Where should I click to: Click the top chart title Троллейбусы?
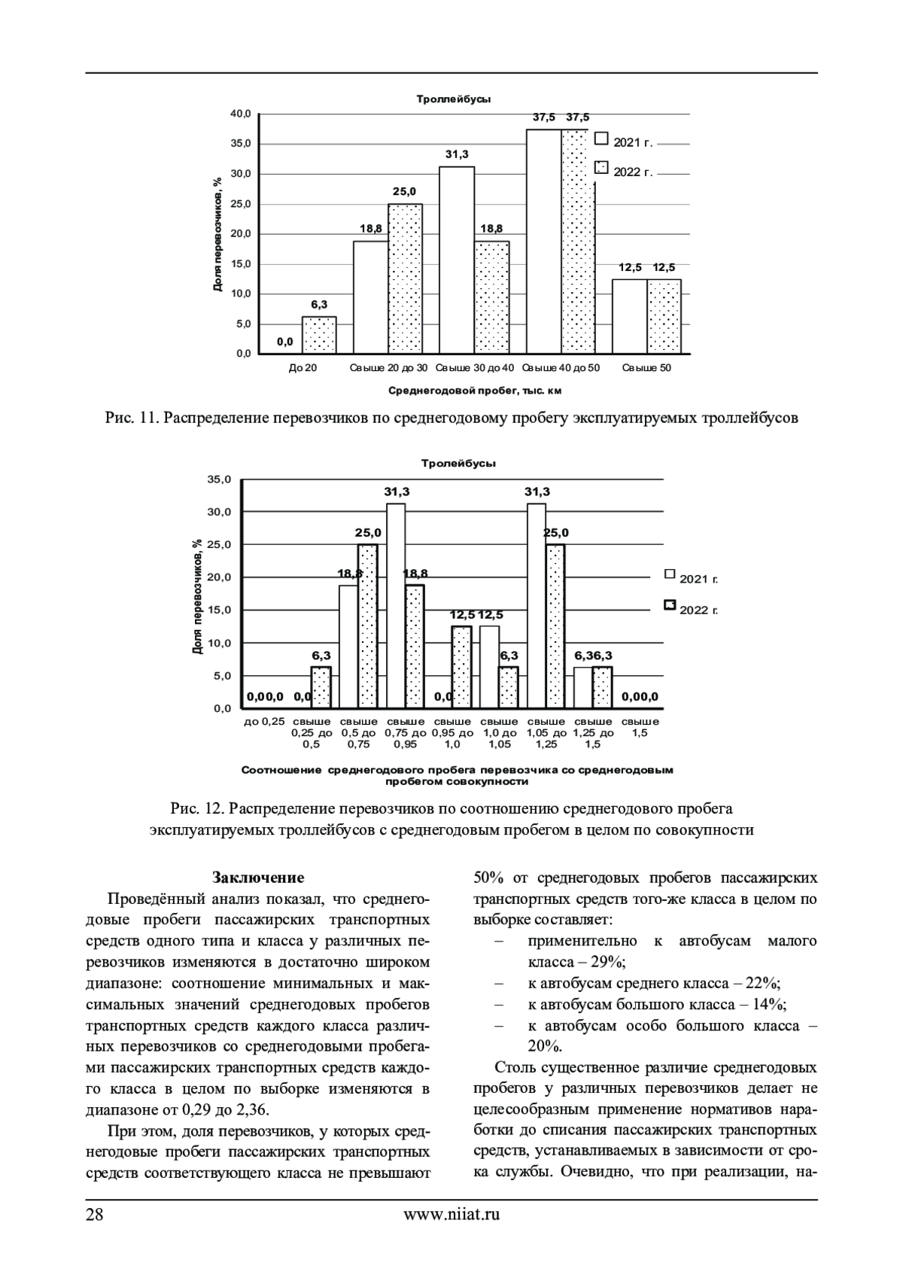click(454, 99)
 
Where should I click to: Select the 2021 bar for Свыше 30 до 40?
click(456, 260)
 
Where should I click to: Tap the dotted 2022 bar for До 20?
click(319, 335)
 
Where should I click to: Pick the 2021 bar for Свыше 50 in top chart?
click(629, 316)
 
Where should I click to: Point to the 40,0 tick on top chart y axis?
click(240, 114)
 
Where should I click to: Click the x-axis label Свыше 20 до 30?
click(389, 368)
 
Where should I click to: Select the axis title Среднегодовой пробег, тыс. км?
click(475, 391)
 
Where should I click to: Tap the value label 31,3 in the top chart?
click(456, 154)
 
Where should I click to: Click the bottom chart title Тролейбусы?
click(458, 464)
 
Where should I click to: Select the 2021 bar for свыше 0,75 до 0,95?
click(396, 605)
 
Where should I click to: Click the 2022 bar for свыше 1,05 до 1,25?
click(555, 625)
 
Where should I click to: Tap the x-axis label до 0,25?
click(264, 722)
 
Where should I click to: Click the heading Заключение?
click(258, 878)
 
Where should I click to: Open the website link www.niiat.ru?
click(451, 1213)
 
